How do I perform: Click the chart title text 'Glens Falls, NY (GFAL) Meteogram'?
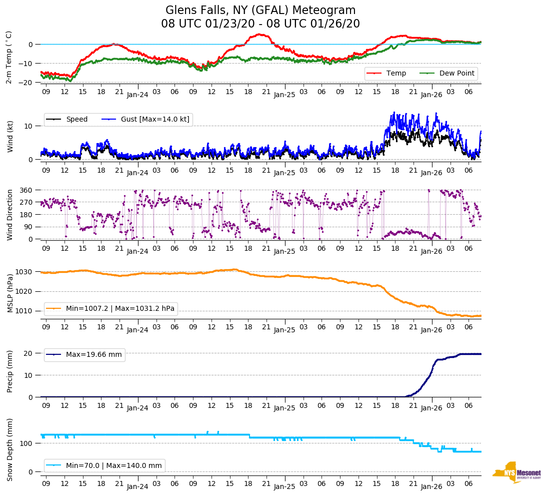point(260,10)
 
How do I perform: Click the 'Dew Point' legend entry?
point(456,74)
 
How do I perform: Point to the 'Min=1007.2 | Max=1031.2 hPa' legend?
point(120,308)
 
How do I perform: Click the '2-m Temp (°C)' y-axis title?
point(9,57)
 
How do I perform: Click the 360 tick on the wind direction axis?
point(26,190)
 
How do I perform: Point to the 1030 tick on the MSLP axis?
point(24,272)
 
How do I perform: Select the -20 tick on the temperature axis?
point(26,83)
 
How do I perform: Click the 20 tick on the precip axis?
point(28,353)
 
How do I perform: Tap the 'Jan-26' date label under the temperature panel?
point(431,95)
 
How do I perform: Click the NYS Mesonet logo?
point(516,472)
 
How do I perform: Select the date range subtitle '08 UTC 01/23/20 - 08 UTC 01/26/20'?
point(260,24)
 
